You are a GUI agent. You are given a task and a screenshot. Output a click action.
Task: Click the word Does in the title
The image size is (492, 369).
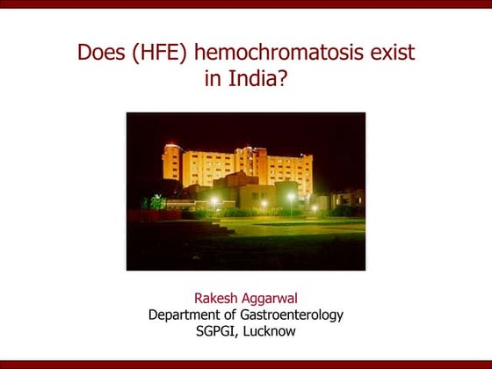[x=99, y=54]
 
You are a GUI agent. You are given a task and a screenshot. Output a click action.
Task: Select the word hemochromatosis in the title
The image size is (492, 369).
[x=278, y=54]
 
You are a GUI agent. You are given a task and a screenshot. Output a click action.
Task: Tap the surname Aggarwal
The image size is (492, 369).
[x=271, y=298]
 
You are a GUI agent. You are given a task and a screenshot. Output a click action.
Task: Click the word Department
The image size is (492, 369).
[x=186, y=314]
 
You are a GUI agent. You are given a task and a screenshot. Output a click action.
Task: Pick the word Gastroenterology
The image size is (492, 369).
[x=292, y=314]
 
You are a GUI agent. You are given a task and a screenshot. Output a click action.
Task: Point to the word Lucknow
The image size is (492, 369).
[x=269, y=330]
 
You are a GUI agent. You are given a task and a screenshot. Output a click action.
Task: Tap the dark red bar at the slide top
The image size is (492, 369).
[x=246, y=4]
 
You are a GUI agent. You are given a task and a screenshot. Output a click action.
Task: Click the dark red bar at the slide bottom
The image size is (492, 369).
[x=246, y=364]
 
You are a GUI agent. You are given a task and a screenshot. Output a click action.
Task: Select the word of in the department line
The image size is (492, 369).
[x=233, y=314]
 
